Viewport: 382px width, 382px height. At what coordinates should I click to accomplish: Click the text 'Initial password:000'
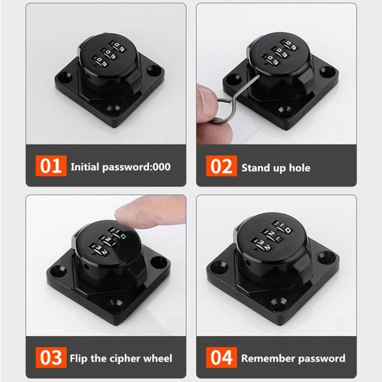click(x=120, y=167)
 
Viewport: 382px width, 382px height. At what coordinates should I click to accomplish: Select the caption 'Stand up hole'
click(x=276, y=167)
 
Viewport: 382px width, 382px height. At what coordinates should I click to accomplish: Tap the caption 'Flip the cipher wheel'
click(x=121, y=358)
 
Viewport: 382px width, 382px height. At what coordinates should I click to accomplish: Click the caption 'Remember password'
click(x=293, y=358)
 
